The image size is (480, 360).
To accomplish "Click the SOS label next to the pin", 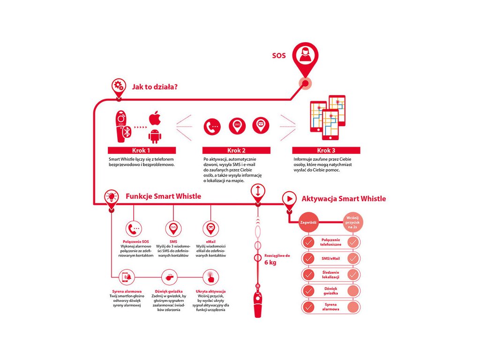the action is click(279, 56).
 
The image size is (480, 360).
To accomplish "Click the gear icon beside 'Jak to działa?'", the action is click(119, 86).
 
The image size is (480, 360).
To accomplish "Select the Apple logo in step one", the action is click(155, 119).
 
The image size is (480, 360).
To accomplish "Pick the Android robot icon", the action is click(155, 135).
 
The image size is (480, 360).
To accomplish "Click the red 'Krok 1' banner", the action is click(142, 150).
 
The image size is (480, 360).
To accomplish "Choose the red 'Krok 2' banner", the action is click(236, 150).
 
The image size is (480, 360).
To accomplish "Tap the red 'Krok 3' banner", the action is click(326, 150).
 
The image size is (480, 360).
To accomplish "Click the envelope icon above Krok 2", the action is click(261, 126).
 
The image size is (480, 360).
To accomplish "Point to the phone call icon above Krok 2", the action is click(212, 127).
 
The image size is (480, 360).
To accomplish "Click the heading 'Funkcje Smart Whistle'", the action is click(163, 196).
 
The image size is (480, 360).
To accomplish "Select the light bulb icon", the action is click(111, 197).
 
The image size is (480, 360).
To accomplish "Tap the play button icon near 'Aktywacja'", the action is click(290, 199).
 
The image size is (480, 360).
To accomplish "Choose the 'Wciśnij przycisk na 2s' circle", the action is click(352, 222).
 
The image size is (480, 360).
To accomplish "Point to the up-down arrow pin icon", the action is click(258, 191).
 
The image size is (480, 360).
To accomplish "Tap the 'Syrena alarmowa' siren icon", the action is click(127, 277).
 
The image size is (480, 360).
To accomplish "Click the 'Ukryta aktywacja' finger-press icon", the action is click(211, 277).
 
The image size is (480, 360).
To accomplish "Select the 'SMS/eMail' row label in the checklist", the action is click(331, 258).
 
